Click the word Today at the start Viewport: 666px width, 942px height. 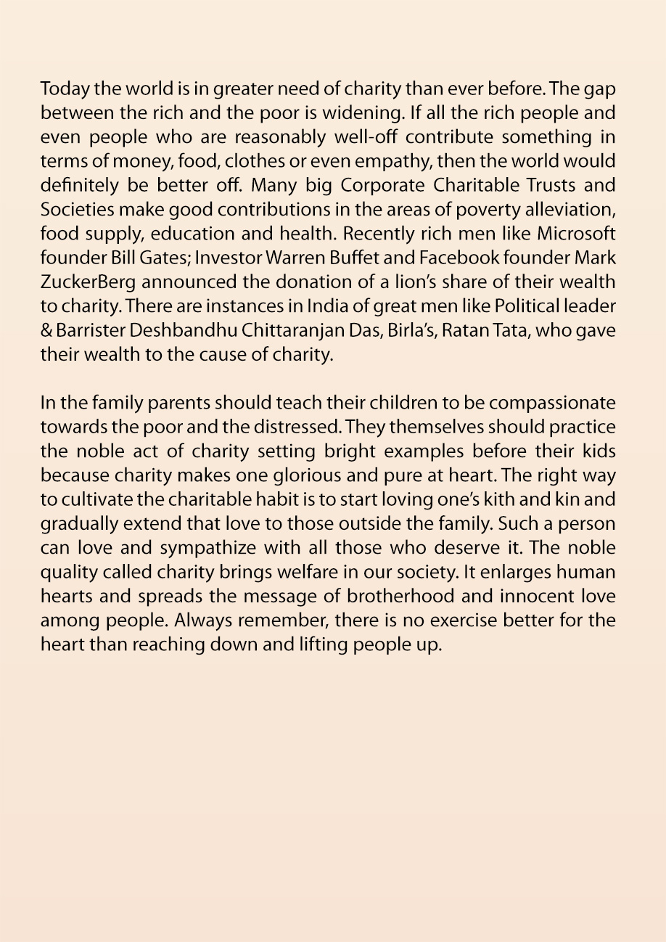(x=61, y=89)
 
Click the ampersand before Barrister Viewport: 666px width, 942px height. (x=46, y=329)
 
